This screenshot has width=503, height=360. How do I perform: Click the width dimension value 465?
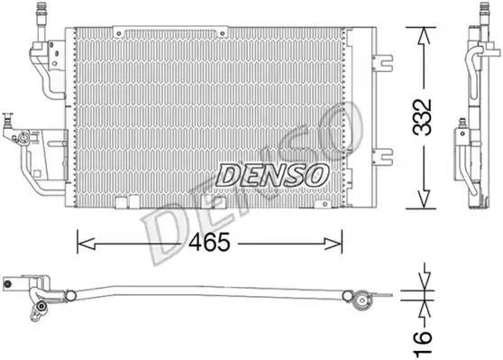[x=208, y=241]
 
